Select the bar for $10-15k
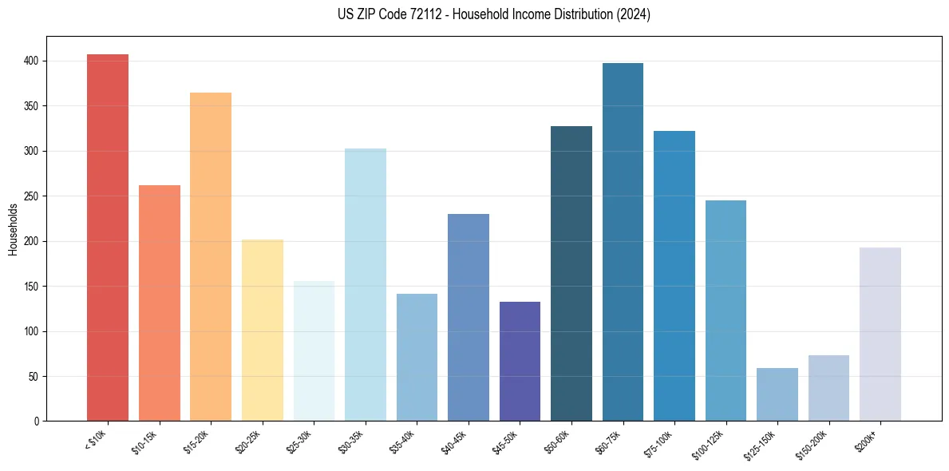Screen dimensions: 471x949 160,303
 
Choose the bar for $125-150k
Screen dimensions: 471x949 777,394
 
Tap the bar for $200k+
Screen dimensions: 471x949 880,334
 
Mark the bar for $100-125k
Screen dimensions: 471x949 726,311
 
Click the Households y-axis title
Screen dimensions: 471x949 14,229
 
